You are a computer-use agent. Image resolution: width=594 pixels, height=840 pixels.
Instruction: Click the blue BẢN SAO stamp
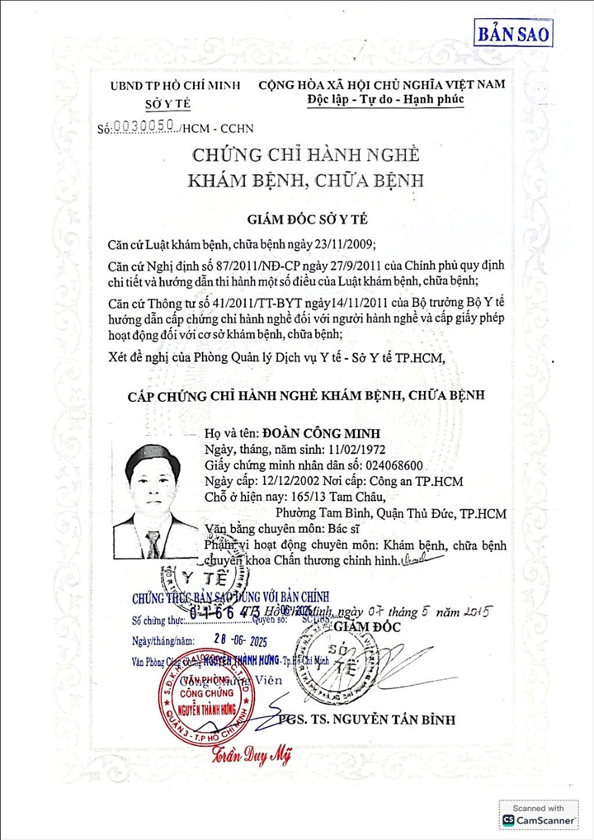513,35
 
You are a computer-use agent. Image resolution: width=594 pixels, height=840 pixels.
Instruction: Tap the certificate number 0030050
142,126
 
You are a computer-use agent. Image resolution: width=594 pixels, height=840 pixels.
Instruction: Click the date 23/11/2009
343,245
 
